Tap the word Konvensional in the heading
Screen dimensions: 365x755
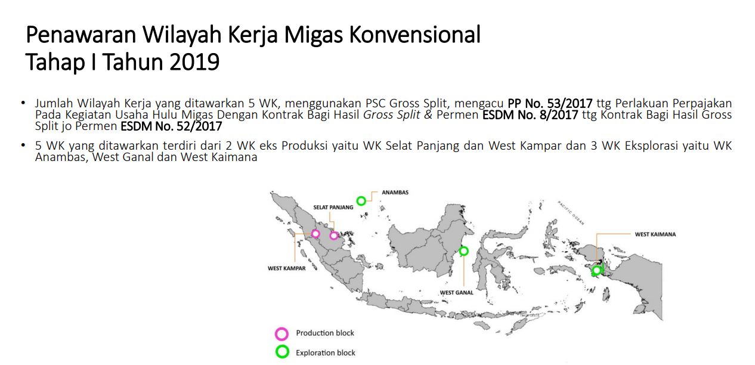point(414,36)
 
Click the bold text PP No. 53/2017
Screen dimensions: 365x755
point(550,104)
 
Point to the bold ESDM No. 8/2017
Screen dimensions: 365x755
point(529,115)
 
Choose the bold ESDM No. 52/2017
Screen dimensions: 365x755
point(171,126)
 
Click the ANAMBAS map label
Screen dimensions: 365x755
point(395,193)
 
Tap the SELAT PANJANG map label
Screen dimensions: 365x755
point(333,208)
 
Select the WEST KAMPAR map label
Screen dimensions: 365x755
point(287,268)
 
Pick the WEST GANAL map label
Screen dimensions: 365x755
point(457,293)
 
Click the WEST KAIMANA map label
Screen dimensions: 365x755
point(655,234)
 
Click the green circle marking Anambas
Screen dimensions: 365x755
point(361,201)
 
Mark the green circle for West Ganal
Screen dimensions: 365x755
point(464,251)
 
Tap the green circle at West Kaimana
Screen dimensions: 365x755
point(596,271)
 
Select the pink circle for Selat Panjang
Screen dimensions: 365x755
point(334,236)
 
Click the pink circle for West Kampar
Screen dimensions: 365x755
point(315,233)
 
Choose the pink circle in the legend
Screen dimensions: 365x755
point(282,333)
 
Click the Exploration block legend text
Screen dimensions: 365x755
point(326,352)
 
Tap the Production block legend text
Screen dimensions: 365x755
point(325,333)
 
